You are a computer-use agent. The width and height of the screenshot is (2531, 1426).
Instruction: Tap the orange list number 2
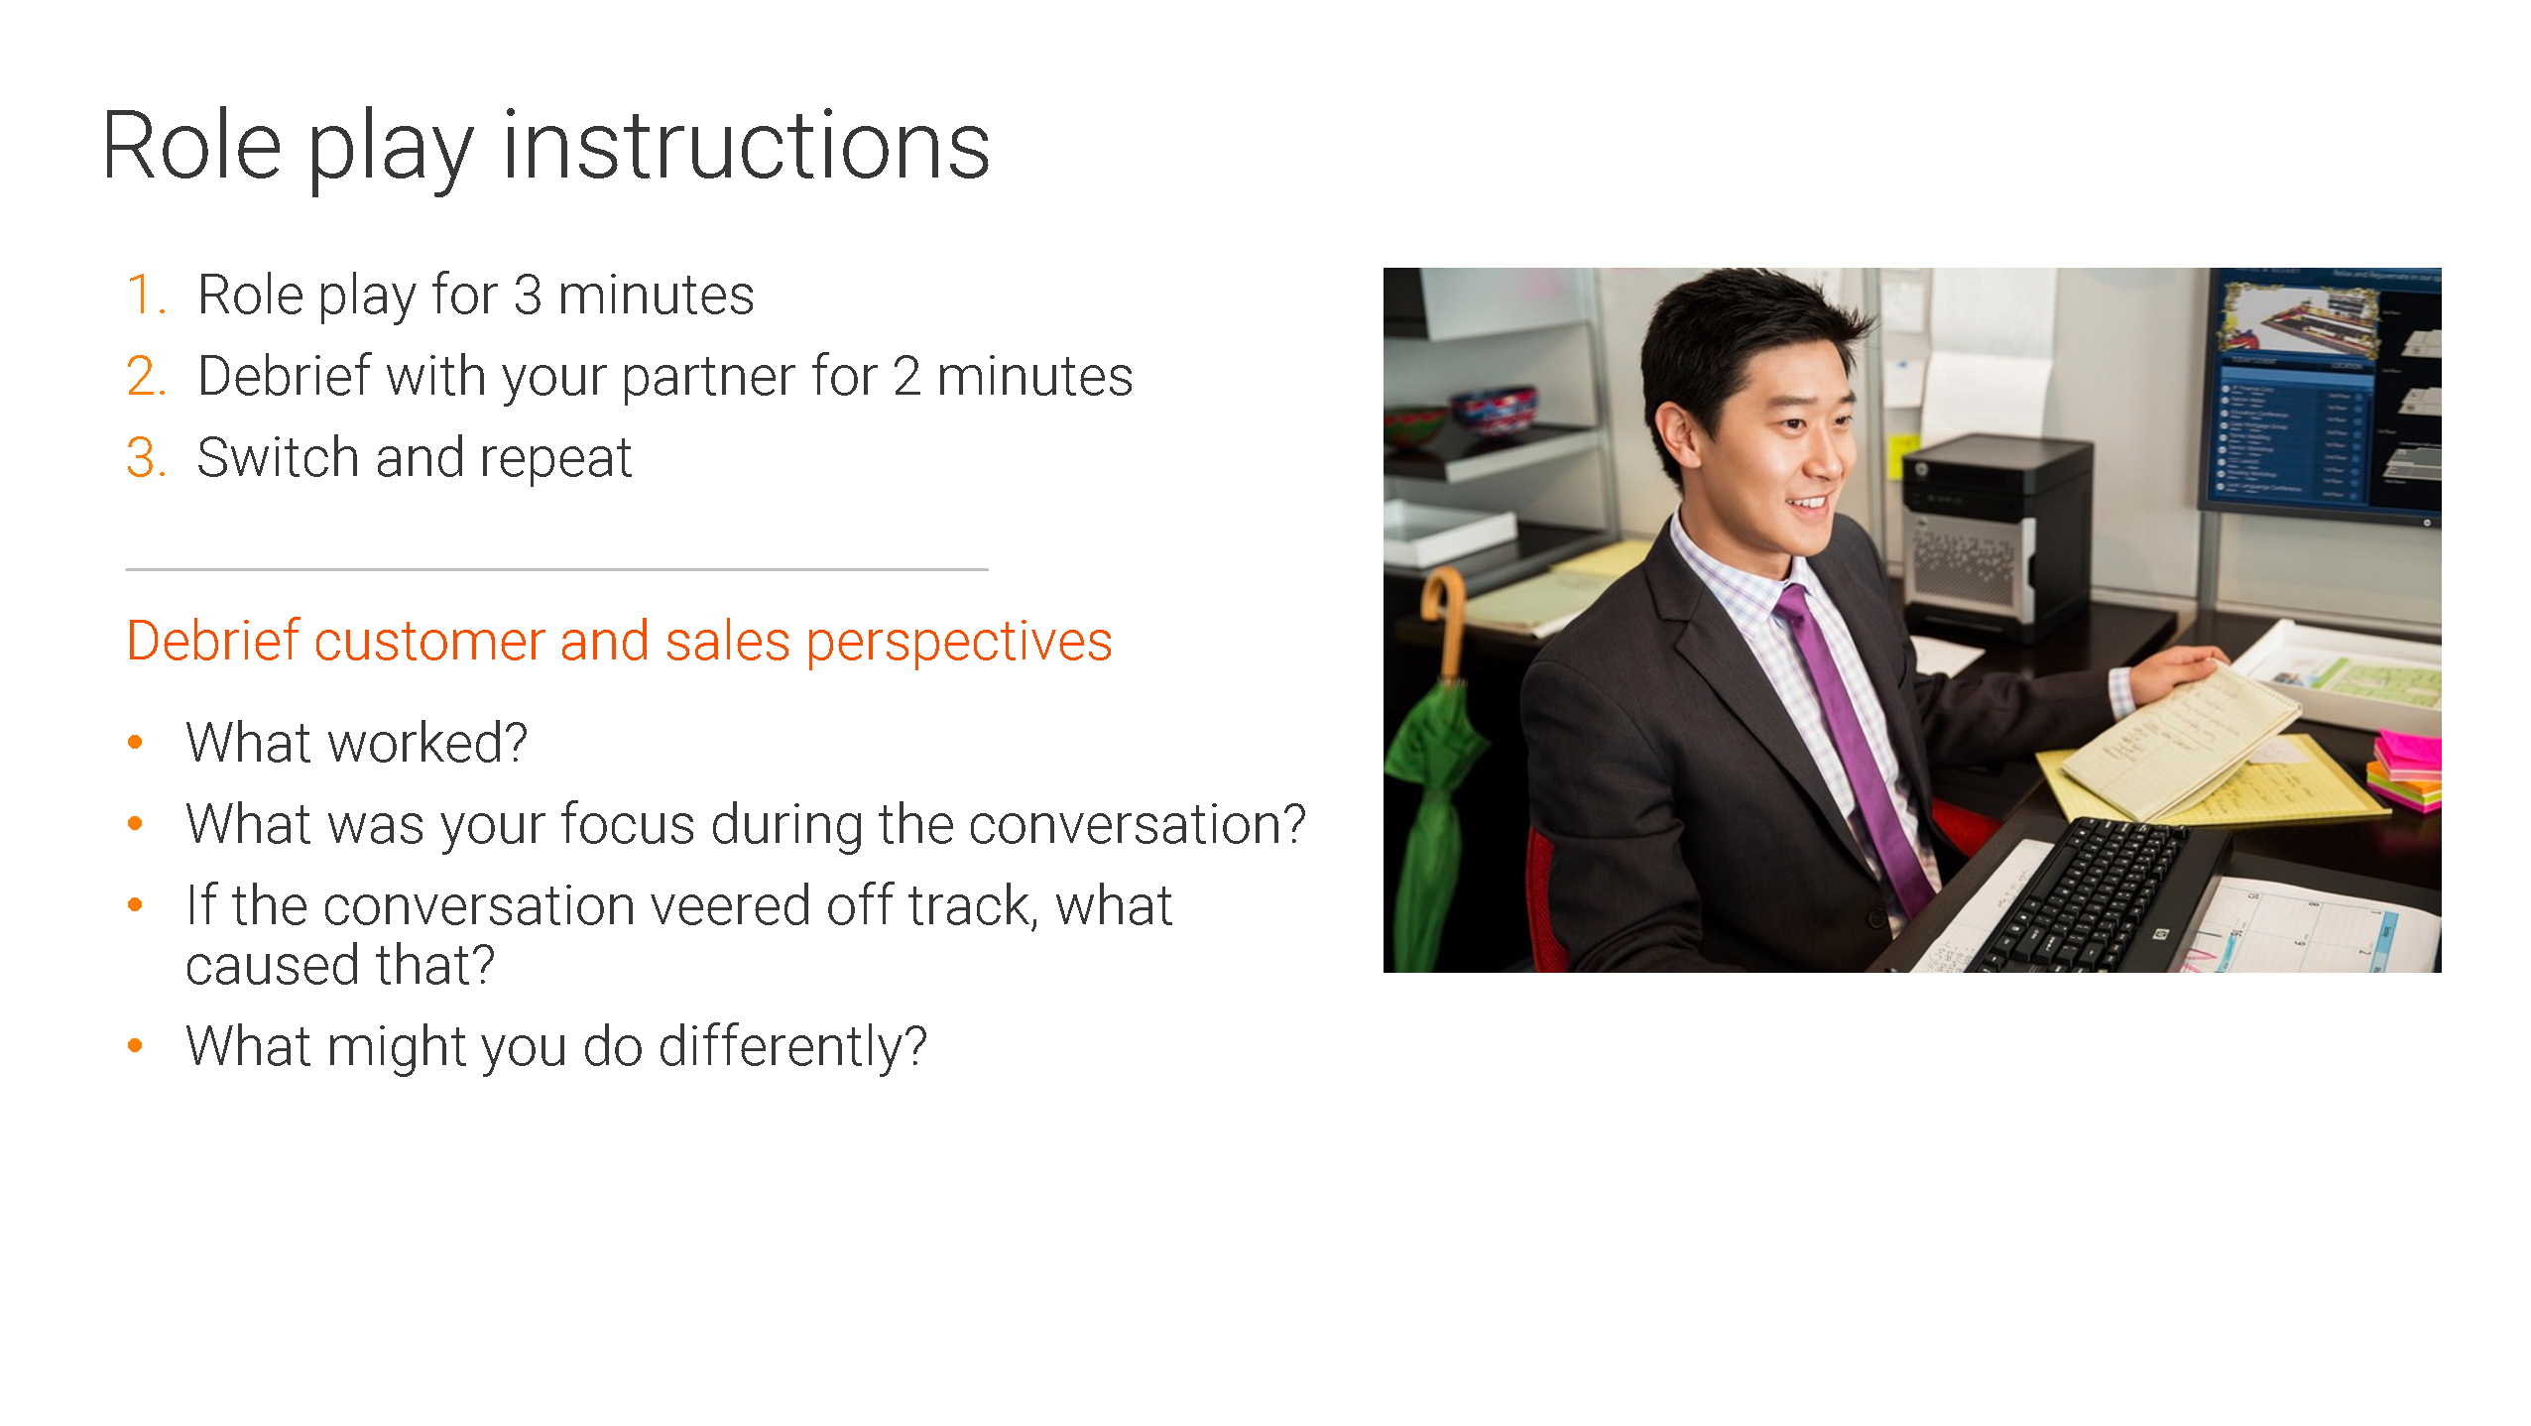(146, 376)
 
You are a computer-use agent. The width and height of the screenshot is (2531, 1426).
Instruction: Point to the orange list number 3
(146, 457)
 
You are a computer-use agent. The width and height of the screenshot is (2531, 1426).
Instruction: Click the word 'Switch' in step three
(277, 457)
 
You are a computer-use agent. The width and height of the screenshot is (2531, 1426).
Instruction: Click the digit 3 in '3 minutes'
(528, 295)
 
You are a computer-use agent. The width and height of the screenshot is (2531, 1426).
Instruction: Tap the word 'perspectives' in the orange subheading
(958, 643)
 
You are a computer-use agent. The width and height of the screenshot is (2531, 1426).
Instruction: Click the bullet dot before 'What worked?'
(136, 742)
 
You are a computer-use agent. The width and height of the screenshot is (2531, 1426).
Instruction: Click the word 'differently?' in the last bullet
(792, 1047)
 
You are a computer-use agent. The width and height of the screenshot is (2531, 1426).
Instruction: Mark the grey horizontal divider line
(556, 569)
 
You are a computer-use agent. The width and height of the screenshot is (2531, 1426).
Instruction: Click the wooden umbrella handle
(1444, 620)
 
